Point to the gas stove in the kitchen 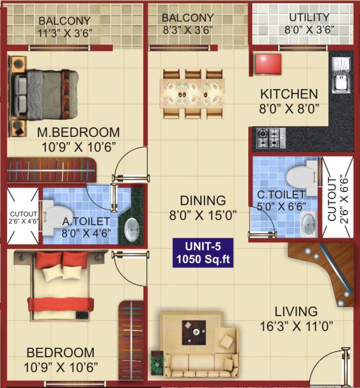[x=268, y=137]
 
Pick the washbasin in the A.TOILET [x=131, y=230]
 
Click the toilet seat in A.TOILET [x=53, y=221]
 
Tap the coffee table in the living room [x=194, y=332]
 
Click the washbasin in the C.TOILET [x=308, y=222]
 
